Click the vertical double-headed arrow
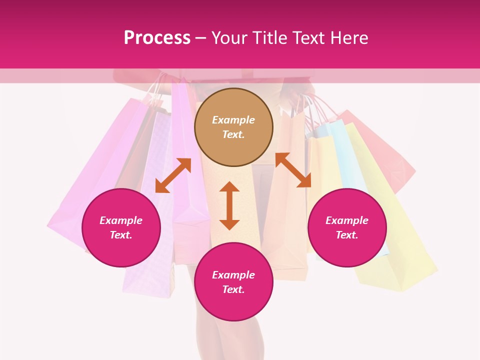point(229,205)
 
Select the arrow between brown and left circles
point(173,175)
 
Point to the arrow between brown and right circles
point(293,170)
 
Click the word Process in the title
point(157,38)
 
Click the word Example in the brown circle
point(233,120)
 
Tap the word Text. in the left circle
point(121,235)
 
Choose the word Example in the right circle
point(347,220)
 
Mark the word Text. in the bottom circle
point(233,289)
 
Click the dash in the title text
point(201,38)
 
